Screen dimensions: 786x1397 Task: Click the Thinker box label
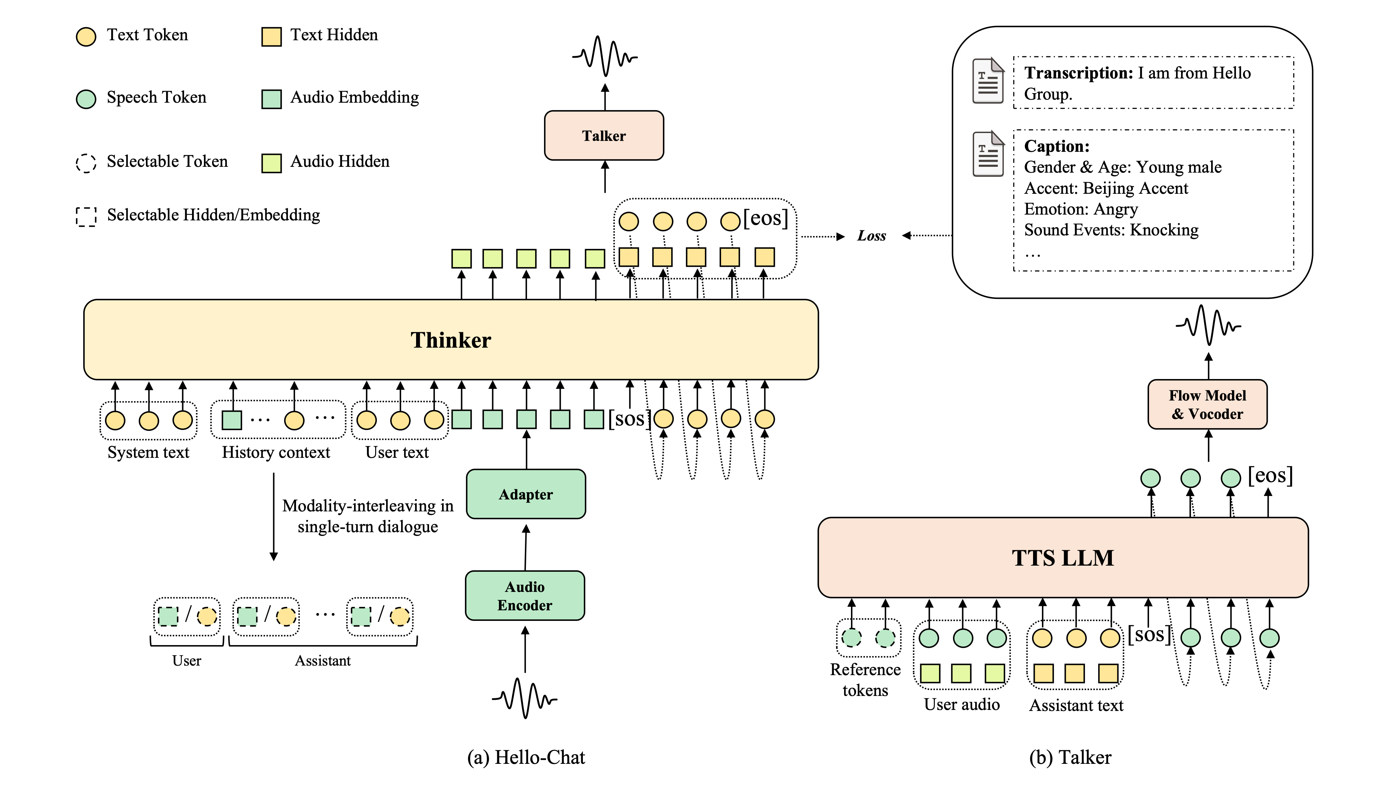[x=450, y=340]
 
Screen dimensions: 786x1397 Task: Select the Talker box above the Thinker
[x=604, y=136]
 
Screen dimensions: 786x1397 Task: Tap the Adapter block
[x=526, y=494]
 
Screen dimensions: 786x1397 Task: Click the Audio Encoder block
[x=525, y=596]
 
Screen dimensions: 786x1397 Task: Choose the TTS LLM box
[x=1062, y=558]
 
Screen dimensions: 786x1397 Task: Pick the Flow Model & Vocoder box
[x=1207, y=405]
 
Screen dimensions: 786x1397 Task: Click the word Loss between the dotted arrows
[x=871, y=236]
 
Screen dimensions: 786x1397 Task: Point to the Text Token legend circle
[x=86, y=37]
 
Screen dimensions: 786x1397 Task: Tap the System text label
[x=148, y=452]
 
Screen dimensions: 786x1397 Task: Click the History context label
[x=276, y=452]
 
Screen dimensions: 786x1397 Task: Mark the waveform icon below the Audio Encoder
[x=525, y=698]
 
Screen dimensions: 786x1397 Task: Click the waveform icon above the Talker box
[x=605, y=56]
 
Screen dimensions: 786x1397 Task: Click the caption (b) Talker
[x=1070, y=757]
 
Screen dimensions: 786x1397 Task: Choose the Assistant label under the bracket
[x=323, y=661]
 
